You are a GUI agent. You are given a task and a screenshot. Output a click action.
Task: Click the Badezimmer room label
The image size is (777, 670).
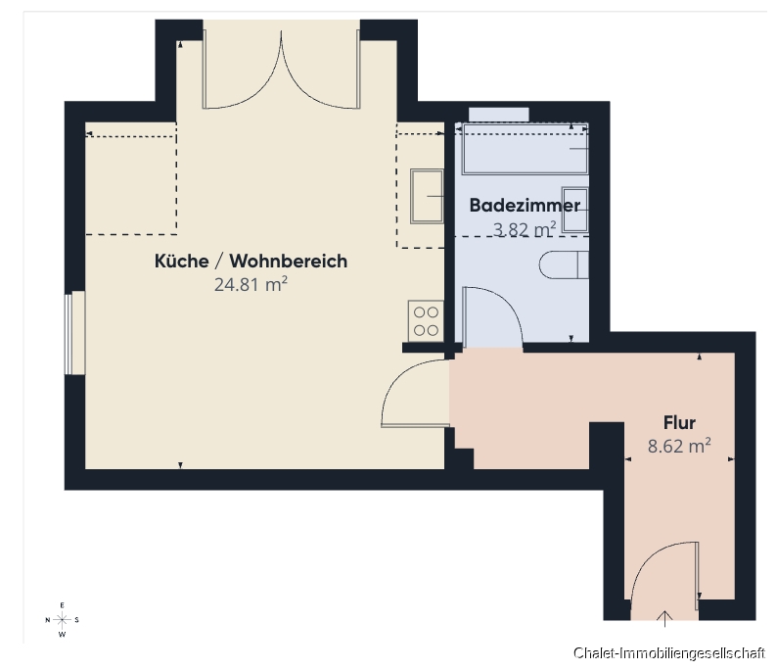pyautogui.click(x=524, y=206)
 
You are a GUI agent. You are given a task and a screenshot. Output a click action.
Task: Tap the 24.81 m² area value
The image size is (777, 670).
pyautogui.click(x=251, y=285)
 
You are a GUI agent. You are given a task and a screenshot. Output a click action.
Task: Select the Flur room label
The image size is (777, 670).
pyautogui.click(x=679, y=423)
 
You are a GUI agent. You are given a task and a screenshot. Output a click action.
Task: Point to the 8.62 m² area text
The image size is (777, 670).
pyautogui.click(x=679, y=447)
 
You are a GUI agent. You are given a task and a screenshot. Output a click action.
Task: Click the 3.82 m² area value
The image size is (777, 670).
pyautogui.click(x=525, y=228)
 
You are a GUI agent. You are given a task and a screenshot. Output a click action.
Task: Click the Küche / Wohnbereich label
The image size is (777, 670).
pyautogui.click(x=251, y=262)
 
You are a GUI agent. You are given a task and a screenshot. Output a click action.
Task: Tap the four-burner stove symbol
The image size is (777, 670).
pyautogui.click(x=426, y=319)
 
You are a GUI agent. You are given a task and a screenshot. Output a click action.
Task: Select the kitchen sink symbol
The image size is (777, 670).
pyautogui.click(x=428, y=196)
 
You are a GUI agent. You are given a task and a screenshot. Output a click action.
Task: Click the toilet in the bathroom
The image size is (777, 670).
pyautogui.click(x=564, y=264)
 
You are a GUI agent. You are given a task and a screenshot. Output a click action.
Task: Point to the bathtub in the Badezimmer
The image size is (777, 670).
pyautogui.click(x=524, y=148)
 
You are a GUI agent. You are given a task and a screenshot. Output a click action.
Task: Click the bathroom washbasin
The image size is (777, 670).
pyautogui.click(x=575, y=208)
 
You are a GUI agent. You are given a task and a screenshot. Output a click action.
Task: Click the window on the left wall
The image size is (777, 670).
pyautogui.click(x=69, y=333)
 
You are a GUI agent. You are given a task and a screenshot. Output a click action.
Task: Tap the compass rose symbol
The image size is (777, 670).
pyautogui.click(x=63, y=620)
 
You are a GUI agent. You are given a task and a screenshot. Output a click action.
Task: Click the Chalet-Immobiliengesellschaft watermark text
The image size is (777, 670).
pyautogui.click(x=669, y=653)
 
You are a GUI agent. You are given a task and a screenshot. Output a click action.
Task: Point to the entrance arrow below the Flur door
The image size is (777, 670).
pyautogui.click(x=665, y=617)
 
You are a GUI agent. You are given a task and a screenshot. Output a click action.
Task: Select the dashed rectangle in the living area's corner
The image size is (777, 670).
pyautogui.click(x=131, y=184)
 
